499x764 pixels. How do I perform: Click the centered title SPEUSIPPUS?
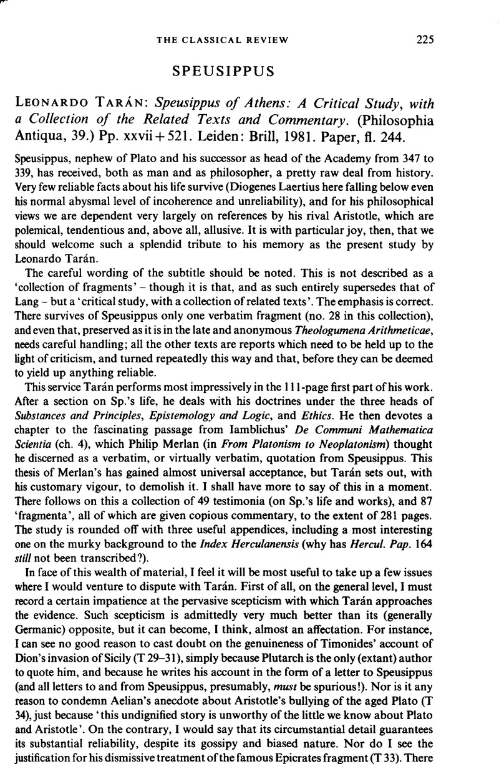point(249,70)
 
